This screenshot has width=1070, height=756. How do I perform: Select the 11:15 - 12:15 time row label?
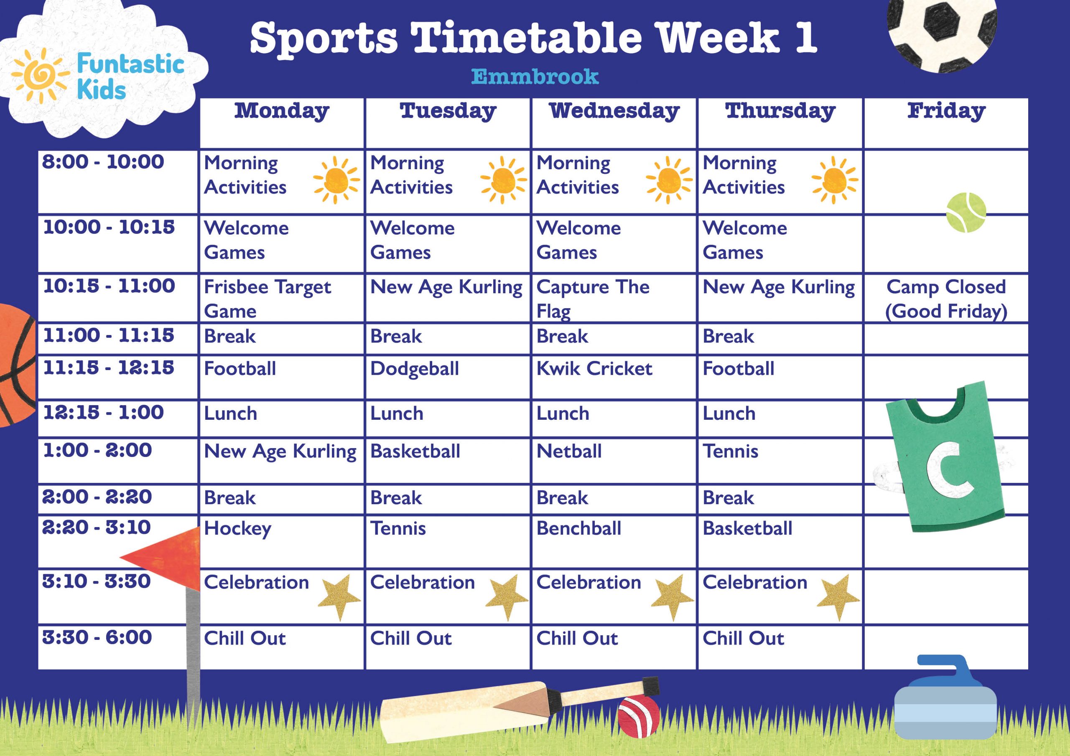(108, 368)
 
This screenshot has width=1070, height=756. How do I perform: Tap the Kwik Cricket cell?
(594, 369)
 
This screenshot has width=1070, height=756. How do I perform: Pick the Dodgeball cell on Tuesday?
(414, 369)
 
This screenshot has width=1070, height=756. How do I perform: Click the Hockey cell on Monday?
(238, 529)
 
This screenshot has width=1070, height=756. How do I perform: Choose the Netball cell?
(569, 452)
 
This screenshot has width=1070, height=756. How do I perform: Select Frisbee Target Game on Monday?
(267, 298)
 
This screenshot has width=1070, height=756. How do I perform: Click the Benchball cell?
(579, 529)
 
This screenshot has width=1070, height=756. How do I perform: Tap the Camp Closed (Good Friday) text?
(946, 299)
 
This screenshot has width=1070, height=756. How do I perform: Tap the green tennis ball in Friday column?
(966, 213)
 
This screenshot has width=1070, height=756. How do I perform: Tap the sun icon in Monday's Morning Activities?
(336, 180)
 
